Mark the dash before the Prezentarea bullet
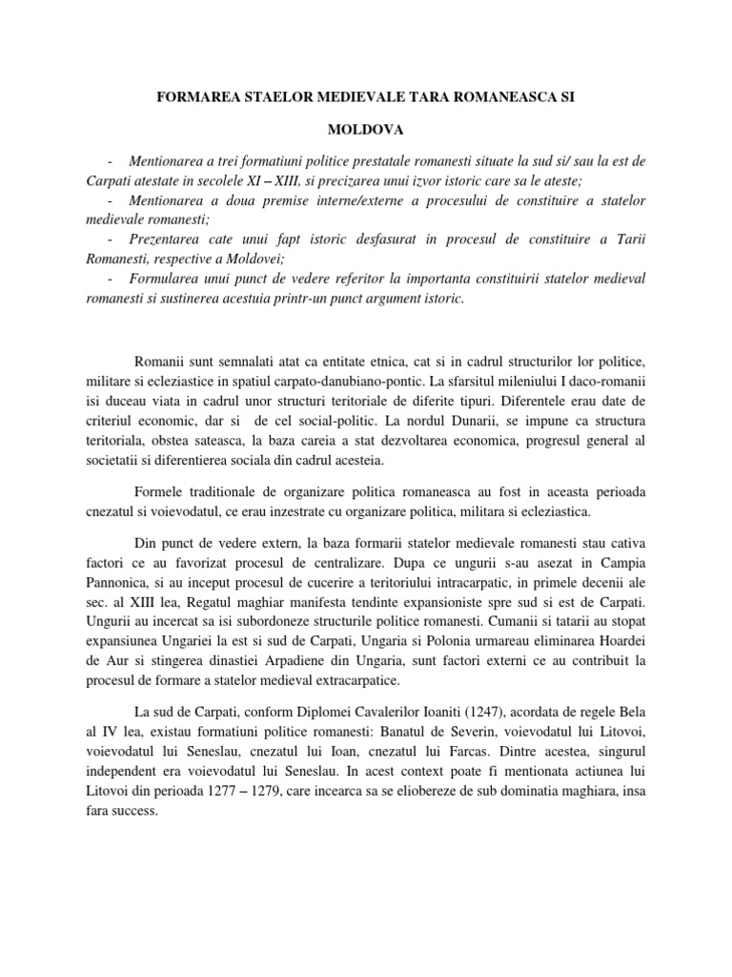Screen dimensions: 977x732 [x=113, y=239]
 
